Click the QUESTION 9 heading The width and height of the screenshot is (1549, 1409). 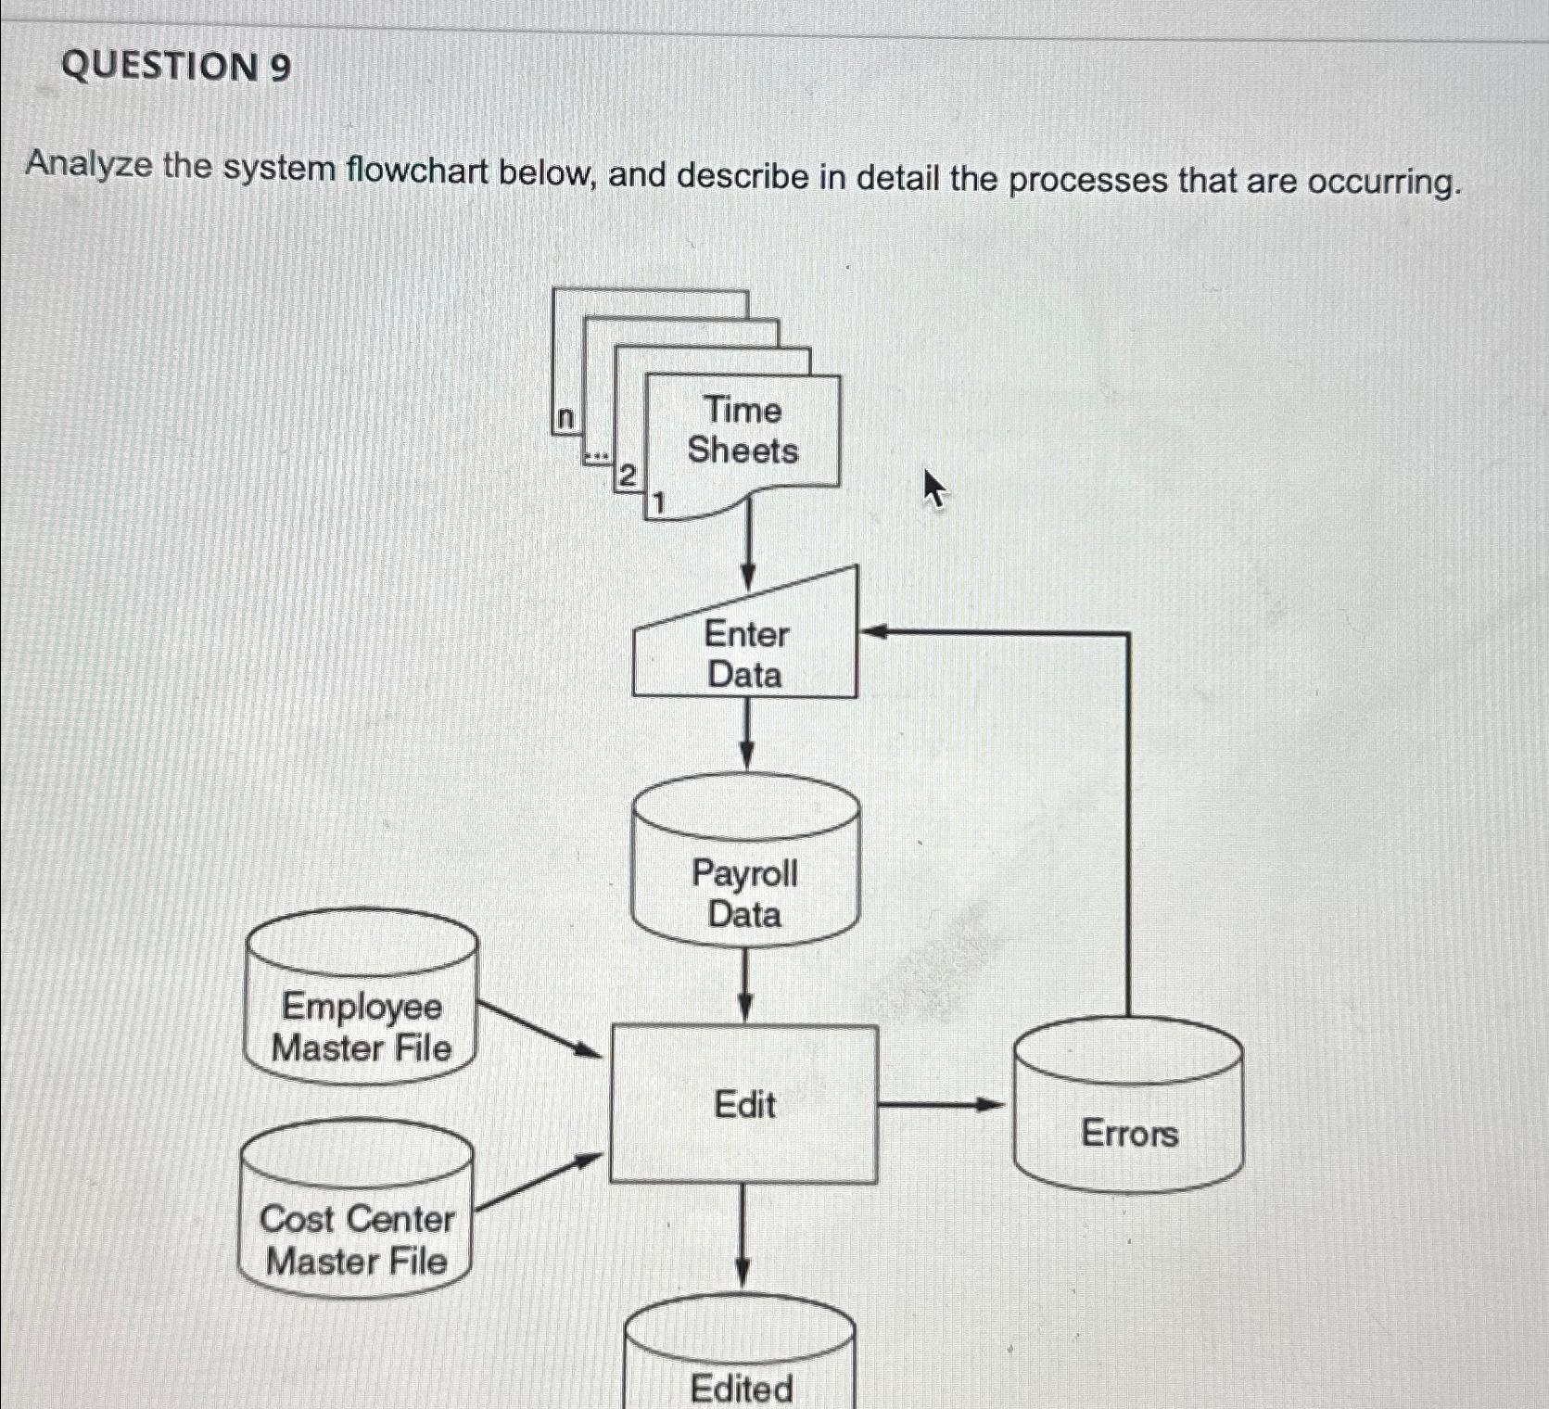(x=176, y=68)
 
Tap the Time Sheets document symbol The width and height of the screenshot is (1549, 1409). (x=743, y=431)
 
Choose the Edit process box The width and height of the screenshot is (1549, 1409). (x=744, y=1104)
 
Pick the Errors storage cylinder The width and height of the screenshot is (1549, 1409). (x=1128, y=1117)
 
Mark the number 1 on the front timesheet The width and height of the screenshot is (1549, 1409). (x=658, y=504)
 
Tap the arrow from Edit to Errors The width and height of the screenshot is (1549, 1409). (x=941, y=1104)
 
